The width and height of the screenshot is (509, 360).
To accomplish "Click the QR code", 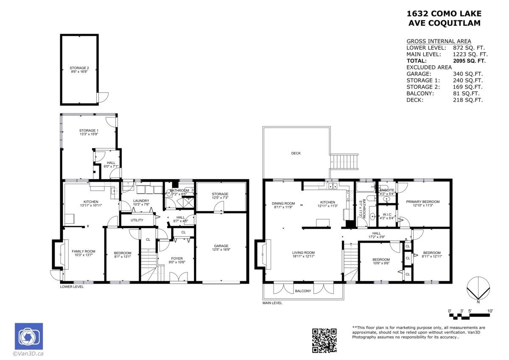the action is [324, 340].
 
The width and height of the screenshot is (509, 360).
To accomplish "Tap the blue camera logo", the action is [29, 336].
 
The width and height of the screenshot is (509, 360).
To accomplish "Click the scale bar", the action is [469, 315].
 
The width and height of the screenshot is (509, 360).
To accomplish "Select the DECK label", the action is [296, 153].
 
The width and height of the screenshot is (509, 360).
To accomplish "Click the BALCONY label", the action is [303, 291].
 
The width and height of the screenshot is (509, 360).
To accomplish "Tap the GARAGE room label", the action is [221, 246].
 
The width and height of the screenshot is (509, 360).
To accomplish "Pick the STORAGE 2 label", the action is [79, 68].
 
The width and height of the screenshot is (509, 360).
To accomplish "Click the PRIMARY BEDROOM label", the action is [423, 202].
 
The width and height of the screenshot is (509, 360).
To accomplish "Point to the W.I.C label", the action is [387, 214].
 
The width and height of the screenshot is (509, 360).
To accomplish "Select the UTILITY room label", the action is [137, 220].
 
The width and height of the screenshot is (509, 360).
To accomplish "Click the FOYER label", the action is [177, 259].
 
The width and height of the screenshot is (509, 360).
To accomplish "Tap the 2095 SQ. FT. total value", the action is [469, 61].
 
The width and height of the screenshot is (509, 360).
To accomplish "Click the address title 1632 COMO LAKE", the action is [444, 14].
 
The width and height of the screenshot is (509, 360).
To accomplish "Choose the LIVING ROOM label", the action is [303, 253].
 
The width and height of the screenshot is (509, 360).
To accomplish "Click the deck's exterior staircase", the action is [344, 162].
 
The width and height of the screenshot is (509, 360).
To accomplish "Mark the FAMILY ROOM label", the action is [84, 251].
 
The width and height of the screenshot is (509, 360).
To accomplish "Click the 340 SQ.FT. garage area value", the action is [468, 74].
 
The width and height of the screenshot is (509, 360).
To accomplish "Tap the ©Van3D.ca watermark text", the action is [28, 354].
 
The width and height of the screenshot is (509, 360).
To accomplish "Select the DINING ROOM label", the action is [283, 203].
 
